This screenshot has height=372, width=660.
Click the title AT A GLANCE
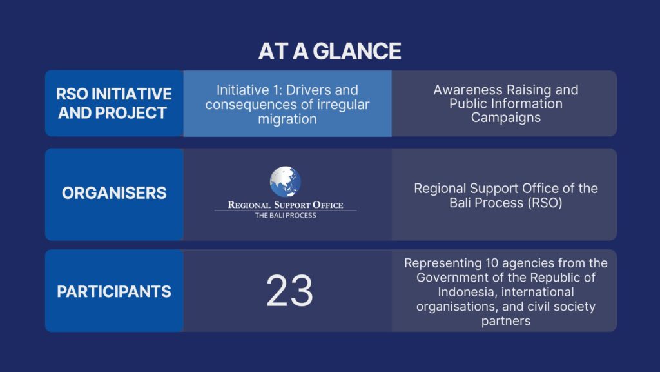[329, 51]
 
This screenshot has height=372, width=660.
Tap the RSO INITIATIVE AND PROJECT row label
[114, 103]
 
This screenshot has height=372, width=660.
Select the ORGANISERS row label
[114, 192]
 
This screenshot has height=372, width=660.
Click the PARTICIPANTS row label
[114, 291]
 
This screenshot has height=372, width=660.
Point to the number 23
[289, 291]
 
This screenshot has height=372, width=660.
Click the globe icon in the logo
[286, 181]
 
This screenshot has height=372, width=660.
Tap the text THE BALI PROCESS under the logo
[286, 216]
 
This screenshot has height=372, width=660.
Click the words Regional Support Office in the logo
[286, 205]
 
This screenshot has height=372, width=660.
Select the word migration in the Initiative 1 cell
[287, 119]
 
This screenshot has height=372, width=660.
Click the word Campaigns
[505, 118]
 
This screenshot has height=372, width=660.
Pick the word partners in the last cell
[505, 322]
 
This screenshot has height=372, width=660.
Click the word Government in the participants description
[452, 278]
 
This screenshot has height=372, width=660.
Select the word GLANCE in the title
[357, 51]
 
